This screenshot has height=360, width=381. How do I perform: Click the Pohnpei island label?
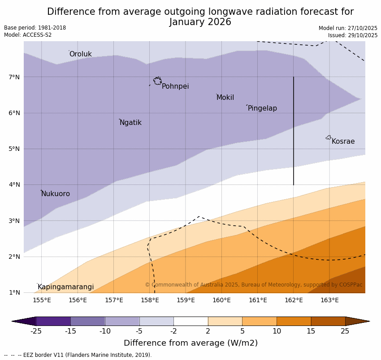175,86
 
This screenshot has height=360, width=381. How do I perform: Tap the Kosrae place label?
343,141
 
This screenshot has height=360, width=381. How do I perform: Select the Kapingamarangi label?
65,287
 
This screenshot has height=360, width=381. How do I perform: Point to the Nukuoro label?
56,194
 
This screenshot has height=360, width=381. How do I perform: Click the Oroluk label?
80,54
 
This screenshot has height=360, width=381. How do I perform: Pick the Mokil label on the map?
225,98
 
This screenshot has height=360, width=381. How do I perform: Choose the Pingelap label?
262,108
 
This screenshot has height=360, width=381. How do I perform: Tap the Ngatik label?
130,123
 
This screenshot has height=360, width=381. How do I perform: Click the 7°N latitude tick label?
14,77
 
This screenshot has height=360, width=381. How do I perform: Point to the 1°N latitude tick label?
14,292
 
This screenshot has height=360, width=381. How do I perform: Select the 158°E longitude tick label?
150,300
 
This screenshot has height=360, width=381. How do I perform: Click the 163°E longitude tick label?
329,300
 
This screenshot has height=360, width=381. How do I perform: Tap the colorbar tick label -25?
36,331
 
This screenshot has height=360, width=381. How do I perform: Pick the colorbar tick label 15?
311,331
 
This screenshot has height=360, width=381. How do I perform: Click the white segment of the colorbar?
190,321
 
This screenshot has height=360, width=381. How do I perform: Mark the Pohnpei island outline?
157,81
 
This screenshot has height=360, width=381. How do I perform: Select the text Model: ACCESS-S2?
28,35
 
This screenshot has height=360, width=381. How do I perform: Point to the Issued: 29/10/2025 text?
353,35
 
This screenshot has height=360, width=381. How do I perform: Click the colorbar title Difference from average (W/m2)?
190,343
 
